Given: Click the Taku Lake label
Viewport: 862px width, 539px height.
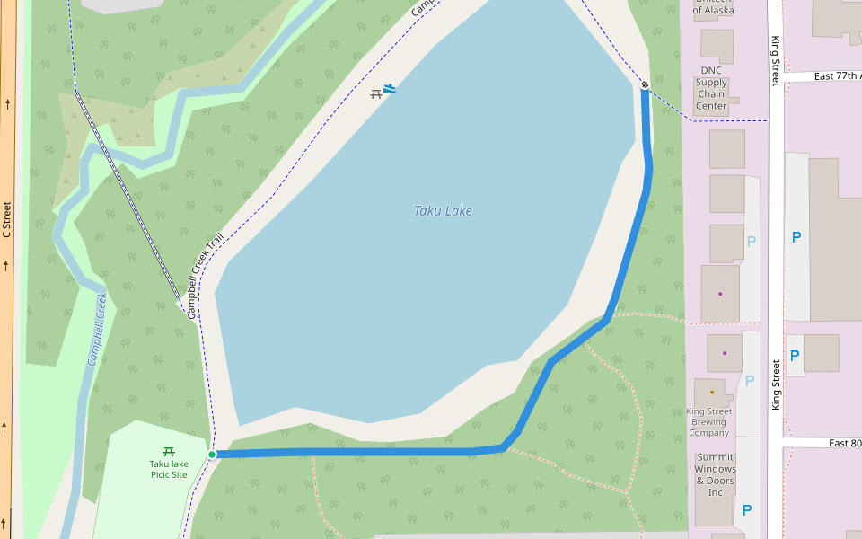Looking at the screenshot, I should pyautogui.click(x=443, y=211).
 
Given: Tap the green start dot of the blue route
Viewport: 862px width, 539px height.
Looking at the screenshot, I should pyautogui.click(x=212, y=455).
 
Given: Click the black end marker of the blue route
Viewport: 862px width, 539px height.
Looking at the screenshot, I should pyautogui.click(x=645, y=84).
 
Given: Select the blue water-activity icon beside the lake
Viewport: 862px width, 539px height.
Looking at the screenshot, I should pyautogui.click(x=390, y=88).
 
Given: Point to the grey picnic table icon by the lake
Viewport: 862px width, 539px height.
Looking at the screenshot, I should pyautogui.click(x=376, y=93).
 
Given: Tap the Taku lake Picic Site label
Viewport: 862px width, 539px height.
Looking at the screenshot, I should pyautogui.click(x=169, y=469).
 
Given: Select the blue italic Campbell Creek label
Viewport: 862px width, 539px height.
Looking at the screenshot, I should pyautogui.click(x=97, y=329).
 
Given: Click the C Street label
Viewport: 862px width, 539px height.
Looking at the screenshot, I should pyautogui.click(x=6, y=220).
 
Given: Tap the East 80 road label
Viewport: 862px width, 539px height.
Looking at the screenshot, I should pyautogui.click(x=844, y=443).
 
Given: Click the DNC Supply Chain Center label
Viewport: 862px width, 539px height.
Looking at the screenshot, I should pyautogui.click(x=711, y=88).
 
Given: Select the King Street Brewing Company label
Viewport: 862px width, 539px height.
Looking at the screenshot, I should pyautogui.click(x=708, y=422).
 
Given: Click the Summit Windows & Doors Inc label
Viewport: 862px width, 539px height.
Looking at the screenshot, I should pyautogui.click(x=715, y=474).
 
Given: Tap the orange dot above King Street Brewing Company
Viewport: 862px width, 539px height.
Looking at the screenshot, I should pyautogui.click(x=712, y=392).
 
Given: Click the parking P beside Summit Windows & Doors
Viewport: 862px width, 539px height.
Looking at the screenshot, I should pyautogui.click(x=747, y=510).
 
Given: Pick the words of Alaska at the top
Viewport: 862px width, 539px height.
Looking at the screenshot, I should pyautogui.click(x=714, y=11).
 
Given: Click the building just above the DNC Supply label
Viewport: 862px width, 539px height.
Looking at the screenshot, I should pyautogui.click(x=717, y=46).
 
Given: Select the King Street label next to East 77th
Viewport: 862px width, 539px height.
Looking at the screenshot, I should pyautogui.click(x=776, y=61).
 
